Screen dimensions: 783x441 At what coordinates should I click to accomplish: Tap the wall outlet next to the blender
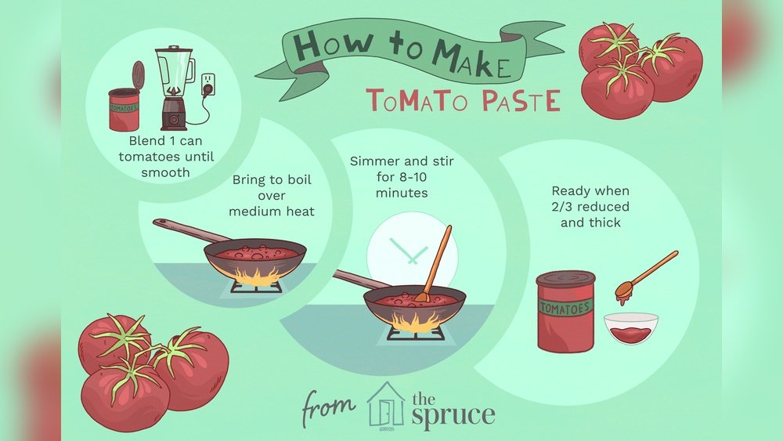coord(208,85)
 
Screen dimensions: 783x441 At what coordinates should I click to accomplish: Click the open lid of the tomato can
coord(139,76)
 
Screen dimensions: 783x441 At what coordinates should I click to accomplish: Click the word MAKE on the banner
coord(472,59)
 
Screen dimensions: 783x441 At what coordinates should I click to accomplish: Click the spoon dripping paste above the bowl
coord(646,278)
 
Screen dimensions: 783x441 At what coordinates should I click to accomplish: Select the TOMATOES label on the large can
coord(565,308)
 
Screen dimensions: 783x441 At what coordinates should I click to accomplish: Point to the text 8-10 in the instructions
coord(413,177)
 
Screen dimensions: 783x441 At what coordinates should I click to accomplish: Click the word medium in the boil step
coord(251,211)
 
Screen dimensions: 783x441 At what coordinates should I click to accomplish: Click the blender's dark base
coord(174,114)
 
